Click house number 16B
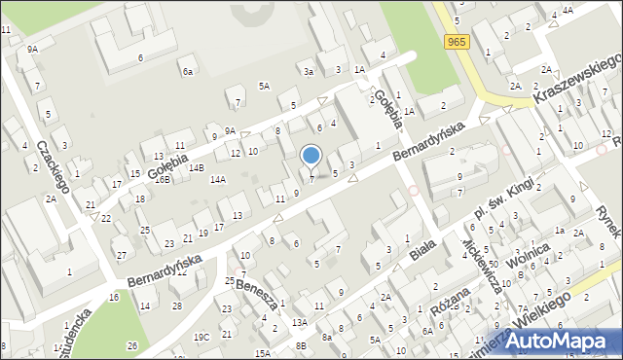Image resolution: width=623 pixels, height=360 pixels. [x=163, y=179]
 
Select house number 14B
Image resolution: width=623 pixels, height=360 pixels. [x=197, y=168]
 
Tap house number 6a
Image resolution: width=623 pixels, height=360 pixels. [x=187, y=71]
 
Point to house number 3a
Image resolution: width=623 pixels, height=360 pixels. [x=309, y=71]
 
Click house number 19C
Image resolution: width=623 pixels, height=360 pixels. [x=201, y=337]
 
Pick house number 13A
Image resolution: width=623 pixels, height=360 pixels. [x=300, y=322]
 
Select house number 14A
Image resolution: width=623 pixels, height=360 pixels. [x=218, y=179]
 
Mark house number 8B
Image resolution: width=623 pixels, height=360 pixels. [x=302, y=345]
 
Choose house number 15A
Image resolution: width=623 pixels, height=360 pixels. [x=263, y=353]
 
